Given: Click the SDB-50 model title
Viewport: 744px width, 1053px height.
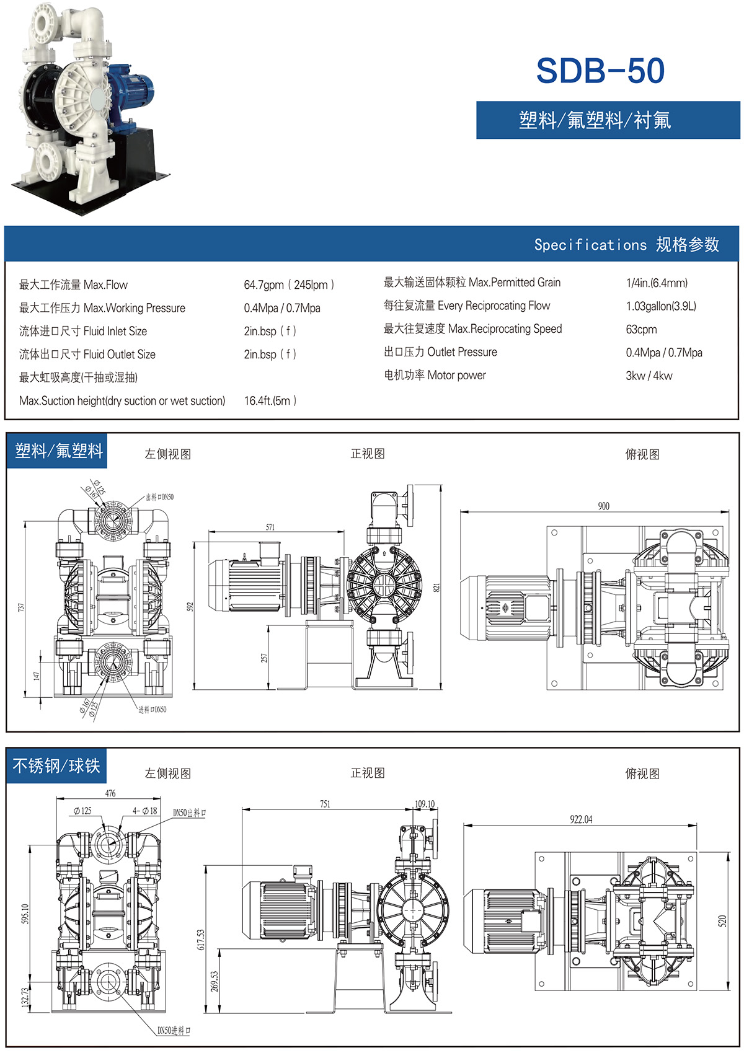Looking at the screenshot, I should [x=600, y=71].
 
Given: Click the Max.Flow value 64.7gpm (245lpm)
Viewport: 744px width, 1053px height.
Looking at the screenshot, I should [x=289, y=284].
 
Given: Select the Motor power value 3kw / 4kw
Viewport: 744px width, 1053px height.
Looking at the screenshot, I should [x=649, y=376].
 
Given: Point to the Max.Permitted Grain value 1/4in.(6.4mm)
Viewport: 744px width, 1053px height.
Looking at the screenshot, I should [x=657, y=283].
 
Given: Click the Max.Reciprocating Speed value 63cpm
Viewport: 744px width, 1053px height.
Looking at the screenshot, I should [x=641, y=329].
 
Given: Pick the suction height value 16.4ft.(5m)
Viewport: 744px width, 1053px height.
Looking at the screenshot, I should [x=270, y=400].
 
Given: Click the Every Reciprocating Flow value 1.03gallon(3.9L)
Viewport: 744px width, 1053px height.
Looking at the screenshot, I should [x=661, y=306].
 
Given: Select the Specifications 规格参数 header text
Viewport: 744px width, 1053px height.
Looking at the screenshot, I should [x=626, y=245].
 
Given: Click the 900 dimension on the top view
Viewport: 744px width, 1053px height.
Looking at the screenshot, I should [x=603, y=506].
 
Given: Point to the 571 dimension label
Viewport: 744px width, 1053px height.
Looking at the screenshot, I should [x=270, y=527].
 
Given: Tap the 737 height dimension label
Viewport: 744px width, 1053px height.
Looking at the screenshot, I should [x=20, y=608].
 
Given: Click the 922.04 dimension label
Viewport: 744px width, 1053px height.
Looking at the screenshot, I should [x=581, y=819].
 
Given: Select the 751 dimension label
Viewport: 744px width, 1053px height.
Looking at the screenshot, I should [x=325, y=804].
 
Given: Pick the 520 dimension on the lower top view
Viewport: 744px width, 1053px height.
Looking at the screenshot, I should [x=722, y=921].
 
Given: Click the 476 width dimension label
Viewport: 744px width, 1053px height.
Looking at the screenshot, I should [x=110, y=793].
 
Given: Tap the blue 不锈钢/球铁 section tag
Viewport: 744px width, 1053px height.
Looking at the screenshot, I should [x=56, y=766].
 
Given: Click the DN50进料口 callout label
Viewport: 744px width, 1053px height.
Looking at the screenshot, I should [x=174, y=1031].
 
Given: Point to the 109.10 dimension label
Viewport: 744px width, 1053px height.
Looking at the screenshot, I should [x=425, y=804].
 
